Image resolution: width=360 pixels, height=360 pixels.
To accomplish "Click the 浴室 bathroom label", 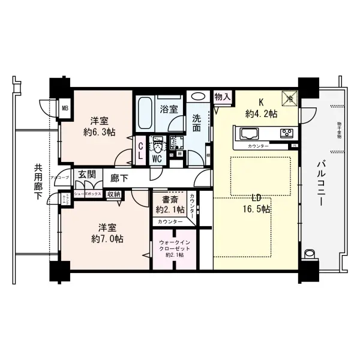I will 169,109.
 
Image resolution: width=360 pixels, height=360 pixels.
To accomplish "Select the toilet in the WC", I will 157,146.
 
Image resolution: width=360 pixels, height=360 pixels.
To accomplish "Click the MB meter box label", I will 65,109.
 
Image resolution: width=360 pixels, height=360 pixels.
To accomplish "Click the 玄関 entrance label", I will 87,175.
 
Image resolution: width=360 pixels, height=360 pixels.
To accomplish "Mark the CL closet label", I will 140,148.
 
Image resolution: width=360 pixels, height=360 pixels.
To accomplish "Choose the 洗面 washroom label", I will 197,124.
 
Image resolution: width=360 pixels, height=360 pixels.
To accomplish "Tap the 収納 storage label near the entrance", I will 113,194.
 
